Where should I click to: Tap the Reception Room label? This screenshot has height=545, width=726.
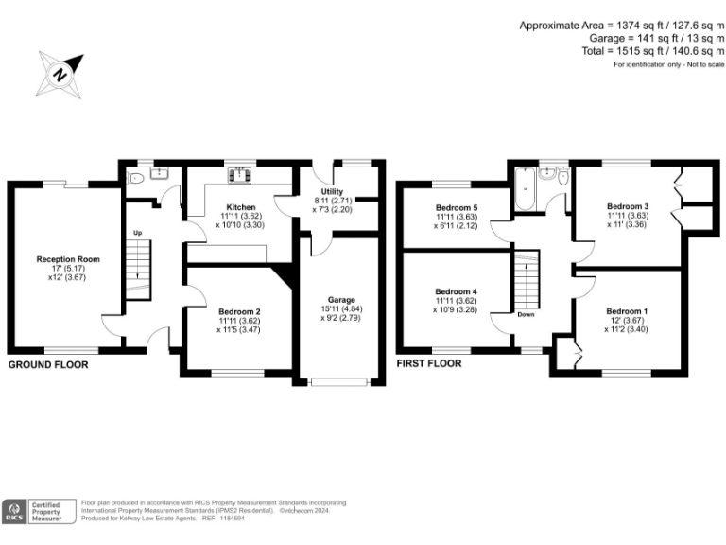[68, 259]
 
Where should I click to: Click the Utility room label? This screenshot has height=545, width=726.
[333, 192]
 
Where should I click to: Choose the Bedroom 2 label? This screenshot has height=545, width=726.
[239, 311]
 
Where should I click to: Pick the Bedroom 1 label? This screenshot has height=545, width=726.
[627, 311]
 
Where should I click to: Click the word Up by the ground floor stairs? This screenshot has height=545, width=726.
[137, 233]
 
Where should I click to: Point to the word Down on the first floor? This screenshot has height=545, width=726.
[526, 315]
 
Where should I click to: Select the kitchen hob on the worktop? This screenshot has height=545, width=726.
[240, 174]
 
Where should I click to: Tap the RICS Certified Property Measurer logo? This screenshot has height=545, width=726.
[39, 511]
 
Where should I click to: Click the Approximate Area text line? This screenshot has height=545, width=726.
[621, 26]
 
